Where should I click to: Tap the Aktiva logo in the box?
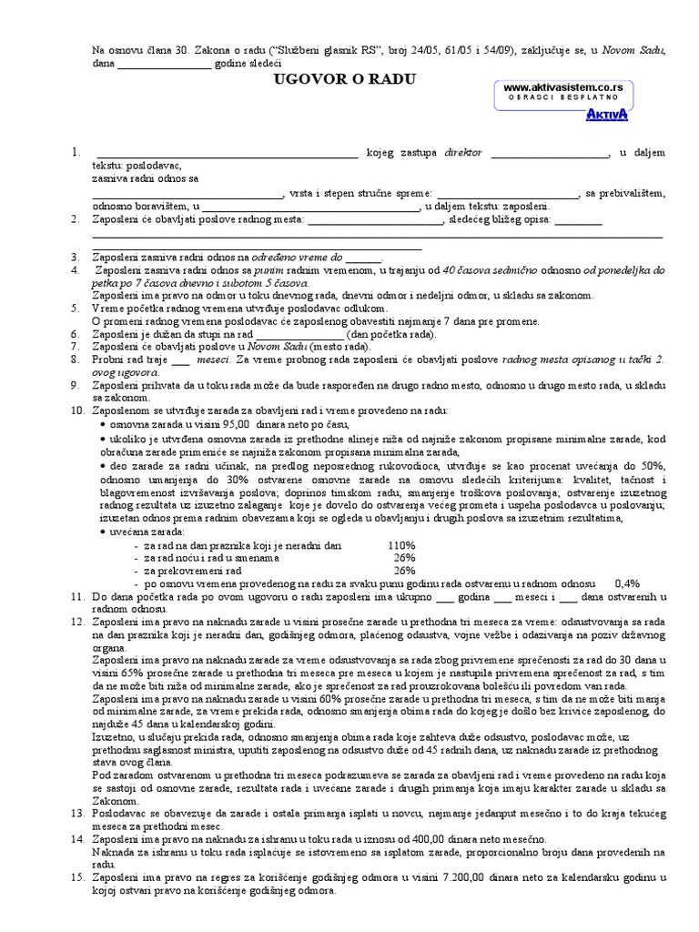tap(606, 114)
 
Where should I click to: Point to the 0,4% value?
tap(627, 583)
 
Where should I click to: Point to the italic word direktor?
tap(462, 154)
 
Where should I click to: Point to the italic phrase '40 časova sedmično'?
tap(493, 271)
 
